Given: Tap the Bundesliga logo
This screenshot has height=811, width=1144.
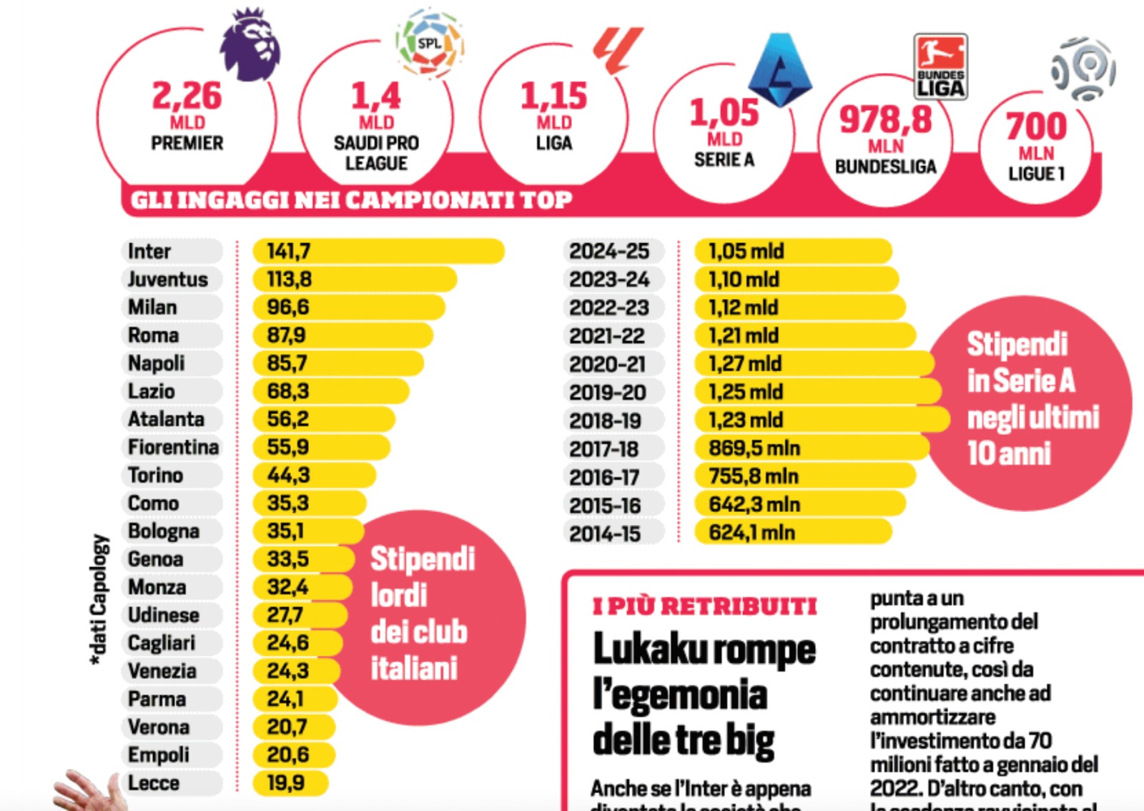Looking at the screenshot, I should pyautogui.click(x=940, y=66).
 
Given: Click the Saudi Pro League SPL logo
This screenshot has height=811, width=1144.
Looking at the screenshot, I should pyautogui.click(x=430, y=43).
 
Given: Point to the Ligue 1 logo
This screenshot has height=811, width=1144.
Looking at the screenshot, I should pyautogui.click(x=1084, y=69).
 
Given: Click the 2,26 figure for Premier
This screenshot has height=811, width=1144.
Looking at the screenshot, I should pyautogui.click(x=187, y=96).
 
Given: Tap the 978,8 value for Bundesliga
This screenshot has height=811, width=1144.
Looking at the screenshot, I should pyautogui.click(x=886, y=119).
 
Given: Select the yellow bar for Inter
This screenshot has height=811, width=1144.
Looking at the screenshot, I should pyautogui.click(x=378, y=251).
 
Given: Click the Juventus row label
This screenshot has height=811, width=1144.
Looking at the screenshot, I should pyautogui.click(x=168, y=279).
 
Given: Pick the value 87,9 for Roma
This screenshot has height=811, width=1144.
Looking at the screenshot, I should pyautogui.click(x=286, y=335).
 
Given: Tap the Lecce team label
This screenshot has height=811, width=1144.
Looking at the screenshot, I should pyautogui.click(x=154, y=783).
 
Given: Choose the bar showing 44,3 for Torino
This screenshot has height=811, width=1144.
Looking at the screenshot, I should pyautogui.click(x=315, y=475).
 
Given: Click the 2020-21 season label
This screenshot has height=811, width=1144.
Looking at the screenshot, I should pyautogui.click(x=608, y=364).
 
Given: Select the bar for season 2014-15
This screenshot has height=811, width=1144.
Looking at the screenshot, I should pyautogui.click(x=793, y=532).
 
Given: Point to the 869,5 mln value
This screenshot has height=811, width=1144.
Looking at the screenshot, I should pyautogui.click(x=754, y=448).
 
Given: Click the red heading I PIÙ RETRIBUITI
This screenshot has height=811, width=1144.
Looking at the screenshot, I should pyautogui.click(x=705, y=606).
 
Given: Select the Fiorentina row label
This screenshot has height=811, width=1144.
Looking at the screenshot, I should pyautogui.click(x=173, y=447).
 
